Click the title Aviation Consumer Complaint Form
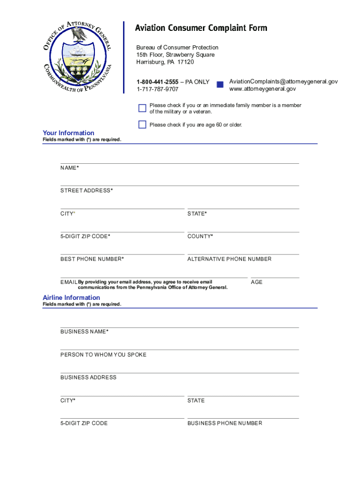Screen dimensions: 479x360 pos(201,28)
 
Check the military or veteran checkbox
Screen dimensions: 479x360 pos(142,109)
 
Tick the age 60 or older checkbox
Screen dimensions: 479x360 pos(142,124)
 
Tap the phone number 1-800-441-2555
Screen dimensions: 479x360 pos(158,82)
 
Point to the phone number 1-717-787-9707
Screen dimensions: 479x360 pos(157,89)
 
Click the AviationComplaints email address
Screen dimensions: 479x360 pos(283,81)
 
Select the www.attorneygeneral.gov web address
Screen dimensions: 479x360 pos(262,88)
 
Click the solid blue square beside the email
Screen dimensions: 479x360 pos(220,85)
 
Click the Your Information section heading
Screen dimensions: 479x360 pos(68,133)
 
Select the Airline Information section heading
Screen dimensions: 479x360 pos(71,298)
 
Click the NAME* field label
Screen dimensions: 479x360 pos(69,168)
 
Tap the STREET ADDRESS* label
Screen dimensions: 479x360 pos(86,191)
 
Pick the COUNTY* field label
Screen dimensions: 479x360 pos(200,236)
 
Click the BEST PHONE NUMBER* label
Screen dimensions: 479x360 pos(92,259)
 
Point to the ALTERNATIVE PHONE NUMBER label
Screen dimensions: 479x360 pos(229,259)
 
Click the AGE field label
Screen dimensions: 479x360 pos(257,282)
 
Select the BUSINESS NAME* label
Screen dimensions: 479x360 pos(84,332)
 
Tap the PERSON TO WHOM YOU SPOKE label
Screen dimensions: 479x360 pos(103,355)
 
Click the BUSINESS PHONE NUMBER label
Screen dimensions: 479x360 pos(224,423)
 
